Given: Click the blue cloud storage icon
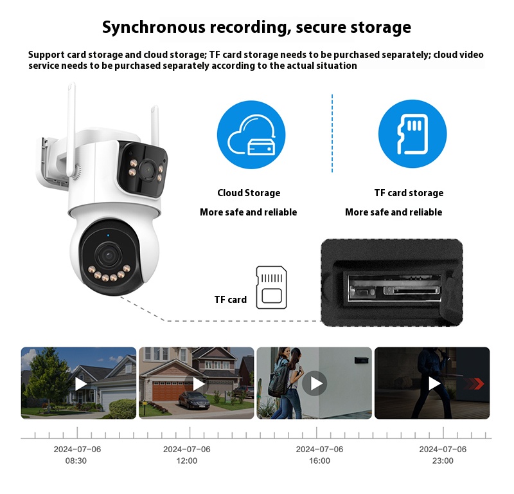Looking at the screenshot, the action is [x=251, y=134].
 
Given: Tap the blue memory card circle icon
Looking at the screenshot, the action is [x=412, y=134].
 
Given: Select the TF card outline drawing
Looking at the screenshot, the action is [x=271, y=288].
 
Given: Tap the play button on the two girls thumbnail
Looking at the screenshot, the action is [x=315, y=383].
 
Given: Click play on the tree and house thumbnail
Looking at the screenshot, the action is [x=81, y=384].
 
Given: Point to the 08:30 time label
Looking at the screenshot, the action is [x=76, y=461].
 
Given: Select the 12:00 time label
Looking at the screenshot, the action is [x=187, y=461].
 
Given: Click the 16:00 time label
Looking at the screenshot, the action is [x=319, y=461].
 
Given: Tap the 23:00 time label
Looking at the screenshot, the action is [x=443, y=461].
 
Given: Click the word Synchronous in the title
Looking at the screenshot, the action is [x=154, y=27].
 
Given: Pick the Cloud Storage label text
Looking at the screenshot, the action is [x=249, y=193].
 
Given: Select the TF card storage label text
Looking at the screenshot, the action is [x=409, y=193].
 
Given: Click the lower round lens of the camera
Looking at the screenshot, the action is [x=107, y=254].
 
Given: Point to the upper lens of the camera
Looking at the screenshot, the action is [x=147, y=170].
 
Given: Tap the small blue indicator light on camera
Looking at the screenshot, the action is [x=108, y=235].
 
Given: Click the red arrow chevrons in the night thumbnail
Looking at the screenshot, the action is [x=474, y=383].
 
